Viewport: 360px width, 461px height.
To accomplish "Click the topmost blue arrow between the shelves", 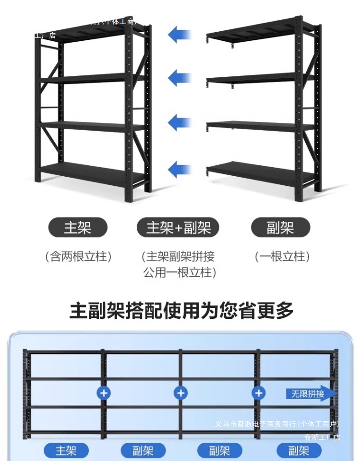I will tap(180, 35).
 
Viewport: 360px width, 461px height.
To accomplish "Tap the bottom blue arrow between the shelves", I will tap(180, 169).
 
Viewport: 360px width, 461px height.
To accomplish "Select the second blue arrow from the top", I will tap(180, 78).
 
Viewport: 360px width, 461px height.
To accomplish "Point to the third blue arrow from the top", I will tap(180, 122).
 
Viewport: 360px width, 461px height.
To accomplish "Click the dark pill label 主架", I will tap(77, 228).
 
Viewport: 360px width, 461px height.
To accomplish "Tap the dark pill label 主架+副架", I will tap(178, 228).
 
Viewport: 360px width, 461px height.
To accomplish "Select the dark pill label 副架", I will tap(280, 228).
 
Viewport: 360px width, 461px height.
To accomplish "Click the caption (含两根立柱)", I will tap(78, 256).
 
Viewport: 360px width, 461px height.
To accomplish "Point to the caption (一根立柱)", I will tap(282, 256).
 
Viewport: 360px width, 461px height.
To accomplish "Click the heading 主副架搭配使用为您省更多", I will tap(181, 311).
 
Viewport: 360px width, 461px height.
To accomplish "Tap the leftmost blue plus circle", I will tap(103, 393).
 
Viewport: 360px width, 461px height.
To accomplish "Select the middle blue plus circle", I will tap(180, 393).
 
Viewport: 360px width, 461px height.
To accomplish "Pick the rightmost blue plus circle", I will tap(258, 393).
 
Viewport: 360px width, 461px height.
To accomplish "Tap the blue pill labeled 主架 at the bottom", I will tap(66, 451).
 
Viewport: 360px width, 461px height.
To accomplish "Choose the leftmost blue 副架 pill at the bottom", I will tap(143, 451).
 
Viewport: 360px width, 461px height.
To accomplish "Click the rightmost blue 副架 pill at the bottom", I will tap(299, 451).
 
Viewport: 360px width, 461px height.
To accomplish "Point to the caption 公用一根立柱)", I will tap(180, 273).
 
